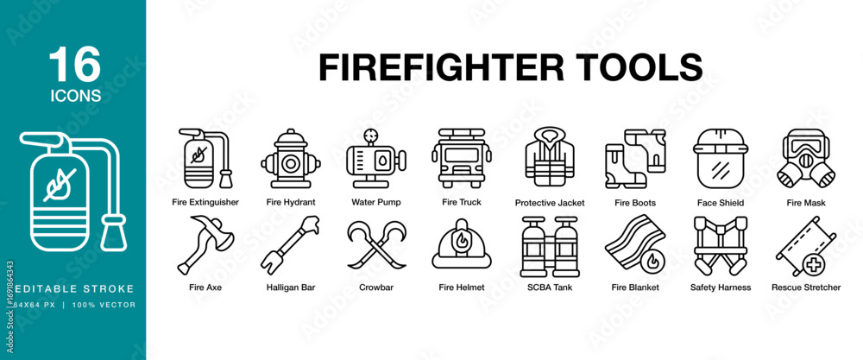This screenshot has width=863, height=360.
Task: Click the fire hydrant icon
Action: [291, 159]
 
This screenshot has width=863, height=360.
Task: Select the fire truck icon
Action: [461, 159]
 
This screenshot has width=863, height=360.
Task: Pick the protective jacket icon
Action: [549, 157]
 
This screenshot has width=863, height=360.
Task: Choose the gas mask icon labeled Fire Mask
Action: [806, 159]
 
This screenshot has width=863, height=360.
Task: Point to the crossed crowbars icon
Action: [376, 245]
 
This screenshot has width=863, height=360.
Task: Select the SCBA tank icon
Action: [549, 246]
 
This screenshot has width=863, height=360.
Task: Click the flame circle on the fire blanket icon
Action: [652, 260]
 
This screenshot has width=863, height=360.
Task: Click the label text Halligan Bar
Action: [291, 287]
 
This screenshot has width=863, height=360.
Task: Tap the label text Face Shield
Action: [720, 203]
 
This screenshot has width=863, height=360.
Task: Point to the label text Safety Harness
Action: [721, 287]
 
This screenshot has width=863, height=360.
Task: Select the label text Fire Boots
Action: [635, 203]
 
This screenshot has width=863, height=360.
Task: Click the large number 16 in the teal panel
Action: [75, 65]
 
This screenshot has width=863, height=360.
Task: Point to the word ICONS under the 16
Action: [76, 96]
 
